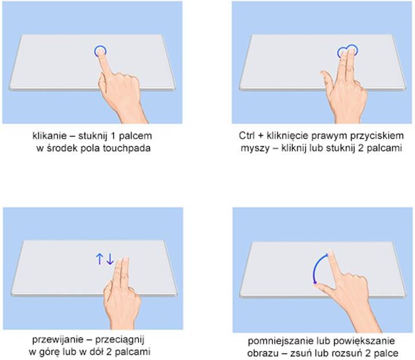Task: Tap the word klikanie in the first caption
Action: point(50,136)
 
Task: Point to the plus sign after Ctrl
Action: point(261,136)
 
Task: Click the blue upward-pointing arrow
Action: point(99,259)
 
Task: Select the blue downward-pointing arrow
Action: point(110,259)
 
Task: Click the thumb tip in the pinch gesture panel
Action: point(318,285)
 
